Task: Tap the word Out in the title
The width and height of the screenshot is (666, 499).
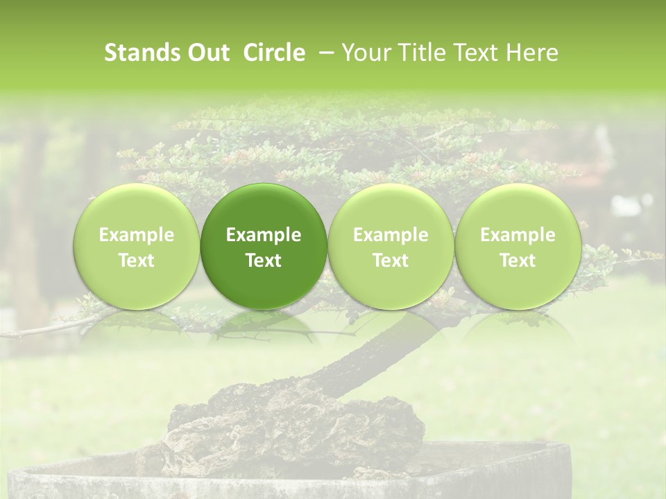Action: tap(206, 53)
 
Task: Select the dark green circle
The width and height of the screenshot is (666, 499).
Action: tap(264, 246)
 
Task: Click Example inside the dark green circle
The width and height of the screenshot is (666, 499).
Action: tap(264, 235)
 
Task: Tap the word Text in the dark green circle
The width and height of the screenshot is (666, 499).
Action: tap(264, 261)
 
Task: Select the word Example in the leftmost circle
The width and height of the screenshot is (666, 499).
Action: tap(137, 235)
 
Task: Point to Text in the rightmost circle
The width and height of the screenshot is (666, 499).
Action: tap(518, 261)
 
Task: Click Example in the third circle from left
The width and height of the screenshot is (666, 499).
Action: tap(391, 235)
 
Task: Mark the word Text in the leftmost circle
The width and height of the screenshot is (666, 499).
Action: tap(137, 261)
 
